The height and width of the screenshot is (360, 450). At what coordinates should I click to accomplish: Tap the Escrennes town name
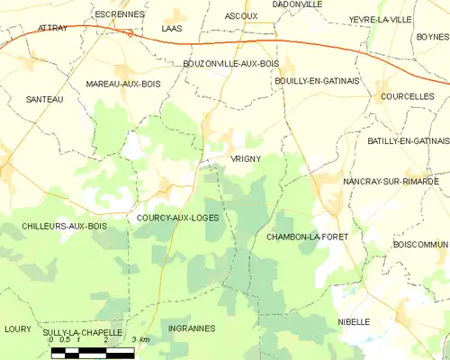click(119, 14)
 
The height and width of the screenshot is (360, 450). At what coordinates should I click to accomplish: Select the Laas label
click(171, 28)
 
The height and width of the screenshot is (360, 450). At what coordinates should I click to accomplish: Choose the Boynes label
click(427, 36)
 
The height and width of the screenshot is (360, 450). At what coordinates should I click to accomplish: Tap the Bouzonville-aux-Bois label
click(230, 63)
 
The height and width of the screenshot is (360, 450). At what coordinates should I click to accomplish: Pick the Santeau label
click(45, 99)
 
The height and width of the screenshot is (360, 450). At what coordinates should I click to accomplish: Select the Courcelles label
click(407, 95)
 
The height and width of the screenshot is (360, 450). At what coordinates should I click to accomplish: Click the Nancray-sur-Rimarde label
click(391, 181)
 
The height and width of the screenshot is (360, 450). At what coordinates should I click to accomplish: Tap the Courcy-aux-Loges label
click(179, 218)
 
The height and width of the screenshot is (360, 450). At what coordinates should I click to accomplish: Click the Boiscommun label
click(420, 244)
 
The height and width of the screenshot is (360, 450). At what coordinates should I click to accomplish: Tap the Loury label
click(16, 328)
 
